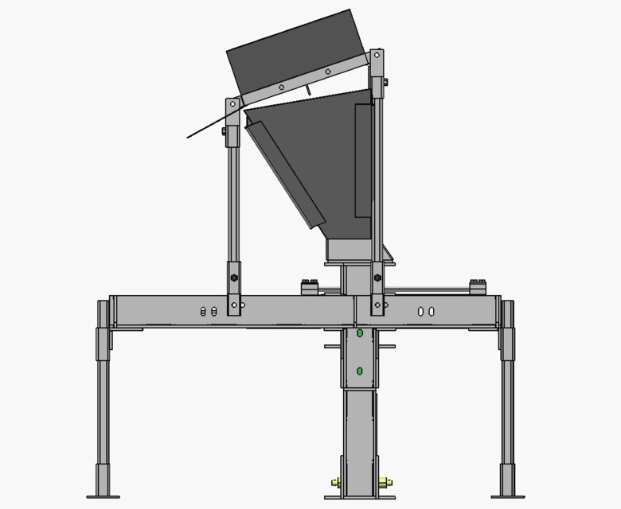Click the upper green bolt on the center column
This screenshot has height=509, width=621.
pos(360,333)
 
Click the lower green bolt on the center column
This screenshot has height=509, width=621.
pos(360,371)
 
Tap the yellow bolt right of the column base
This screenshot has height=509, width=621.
pos(385,481)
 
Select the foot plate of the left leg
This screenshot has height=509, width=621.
pos(103,497)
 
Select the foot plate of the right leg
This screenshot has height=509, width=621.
pos(507,497)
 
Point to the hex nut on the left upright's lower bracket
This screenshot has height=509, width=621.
pos(234,278)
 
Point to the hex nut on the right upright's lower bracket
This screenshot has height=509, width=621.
pos(377,278)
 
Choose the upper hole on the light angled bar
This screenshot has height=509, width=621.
pos(327,72)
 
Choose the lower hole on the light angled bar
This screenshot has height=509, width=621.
pos(281,87)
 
